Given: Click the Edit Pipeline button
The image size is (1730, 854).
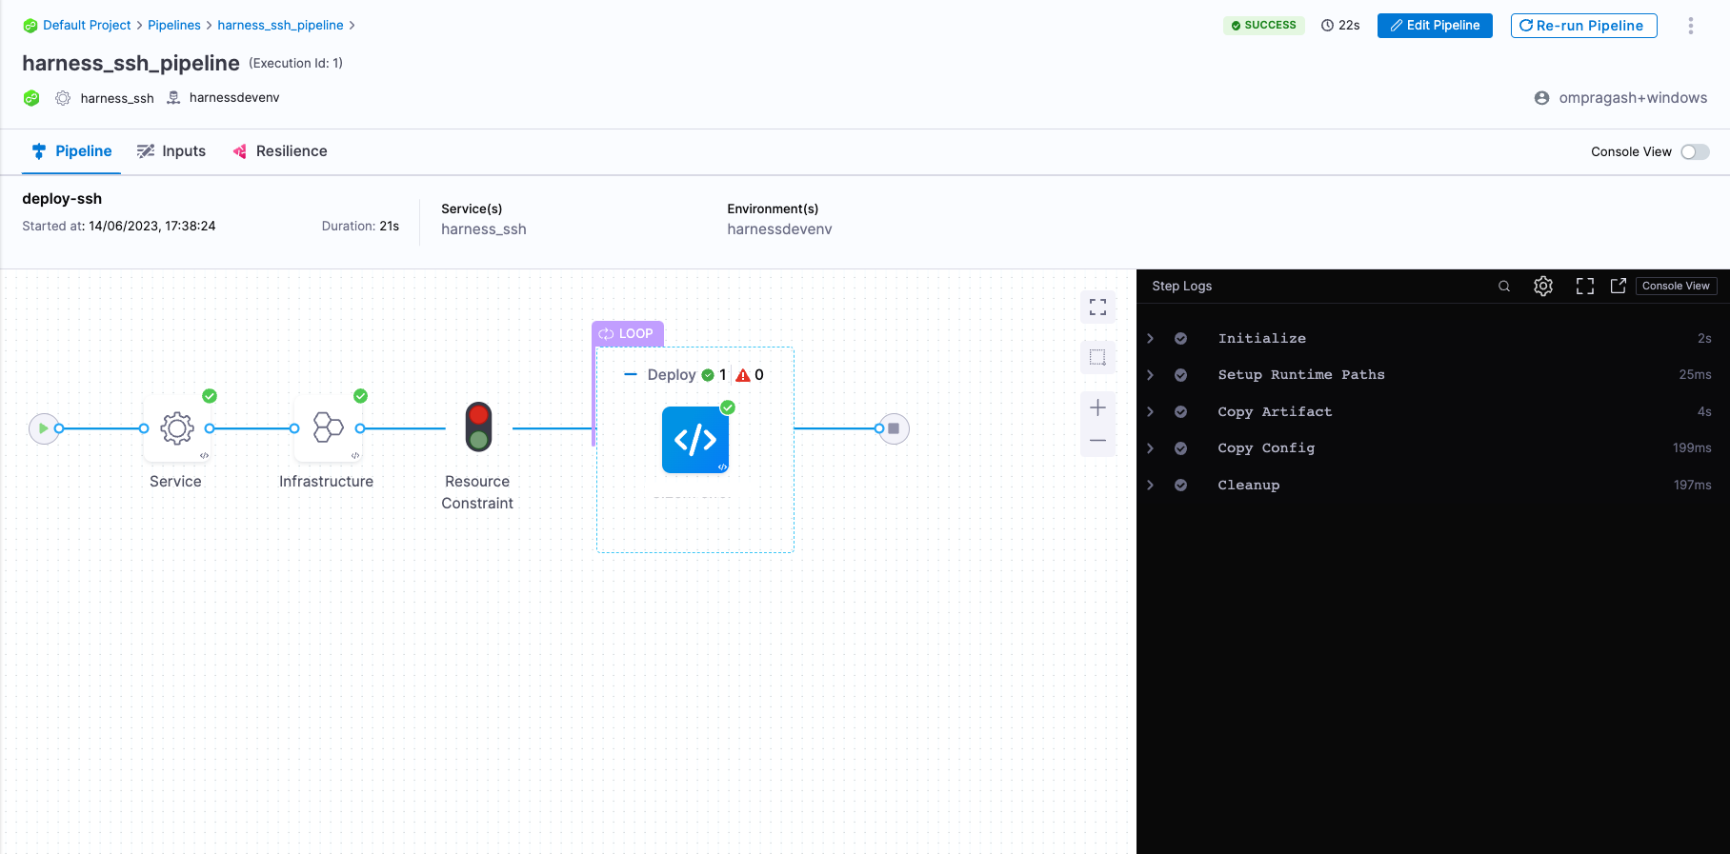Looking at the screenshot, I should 1434,26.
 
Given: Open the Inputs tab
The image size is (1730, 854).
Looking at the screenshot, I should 171,151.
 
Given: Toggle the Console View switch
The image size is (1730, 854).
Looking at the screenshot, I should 1695,152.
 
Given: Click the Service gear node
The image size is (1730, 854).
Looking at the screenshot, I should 177,428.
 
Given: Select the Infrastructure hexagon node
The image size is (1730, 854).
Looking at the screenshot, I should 328,427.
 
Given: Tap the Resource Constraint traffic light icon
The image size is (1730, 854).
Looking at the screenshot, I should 478,427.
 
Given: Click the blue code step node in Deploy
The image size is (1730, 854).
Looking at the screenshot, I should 695,440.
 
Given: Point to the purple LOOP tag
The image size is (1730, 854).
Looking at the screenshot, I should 627,334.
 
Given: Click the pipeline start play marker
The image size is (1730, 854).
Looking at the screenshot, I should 43,428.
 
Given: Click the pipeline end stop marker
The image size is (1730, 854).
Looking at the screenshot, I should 894,428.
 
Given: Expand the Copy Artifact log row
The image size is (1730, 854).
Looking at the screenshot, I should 1151,412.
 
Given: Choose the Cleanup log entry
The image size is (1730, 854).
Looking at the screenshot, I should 1248,486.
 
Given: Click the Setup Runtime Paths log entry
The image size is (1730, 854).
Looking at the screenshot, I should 1300,375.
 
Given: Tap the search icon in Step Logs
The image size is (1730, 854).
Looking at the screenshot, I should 1504,287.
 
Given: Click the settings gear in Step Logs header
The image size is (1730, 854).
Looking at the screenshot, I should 1543,287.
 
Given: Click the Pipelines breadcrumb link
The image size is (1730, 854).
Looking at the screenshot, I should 174,26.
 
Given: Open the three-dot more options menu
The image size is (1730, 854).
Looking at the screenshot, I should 1691,26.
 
